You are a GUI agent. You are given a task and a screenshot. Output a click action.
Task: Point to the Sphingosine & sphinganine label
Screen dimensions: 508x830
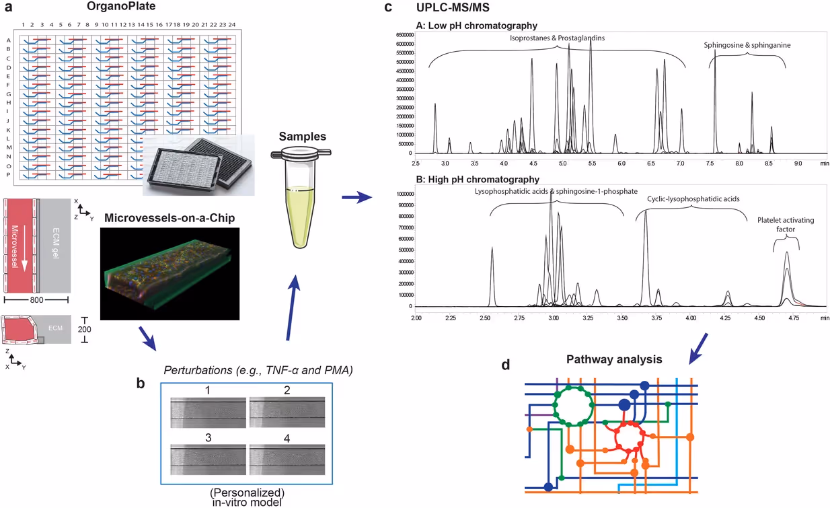tap(747, 45)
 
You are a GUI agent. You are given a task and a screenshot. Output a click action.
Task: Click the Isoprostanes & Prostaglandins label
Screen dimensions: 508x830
tap(557, 38)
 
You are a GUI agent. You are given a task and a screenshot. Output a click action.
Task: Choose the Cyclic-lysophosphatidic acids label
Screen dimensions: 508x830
tap(693, 199)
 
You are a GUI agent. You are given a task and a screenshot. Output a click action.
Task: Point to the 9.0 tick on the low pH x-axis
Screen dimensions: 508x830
tap(798, 163)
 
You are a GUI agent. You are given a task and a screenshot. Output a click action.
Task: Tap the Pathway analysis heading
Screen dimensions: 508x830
tap(614, 359)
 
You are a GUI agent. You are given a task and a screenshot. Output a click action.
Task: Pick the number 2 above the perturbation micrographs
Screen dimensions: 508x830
tap(287, 390)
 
